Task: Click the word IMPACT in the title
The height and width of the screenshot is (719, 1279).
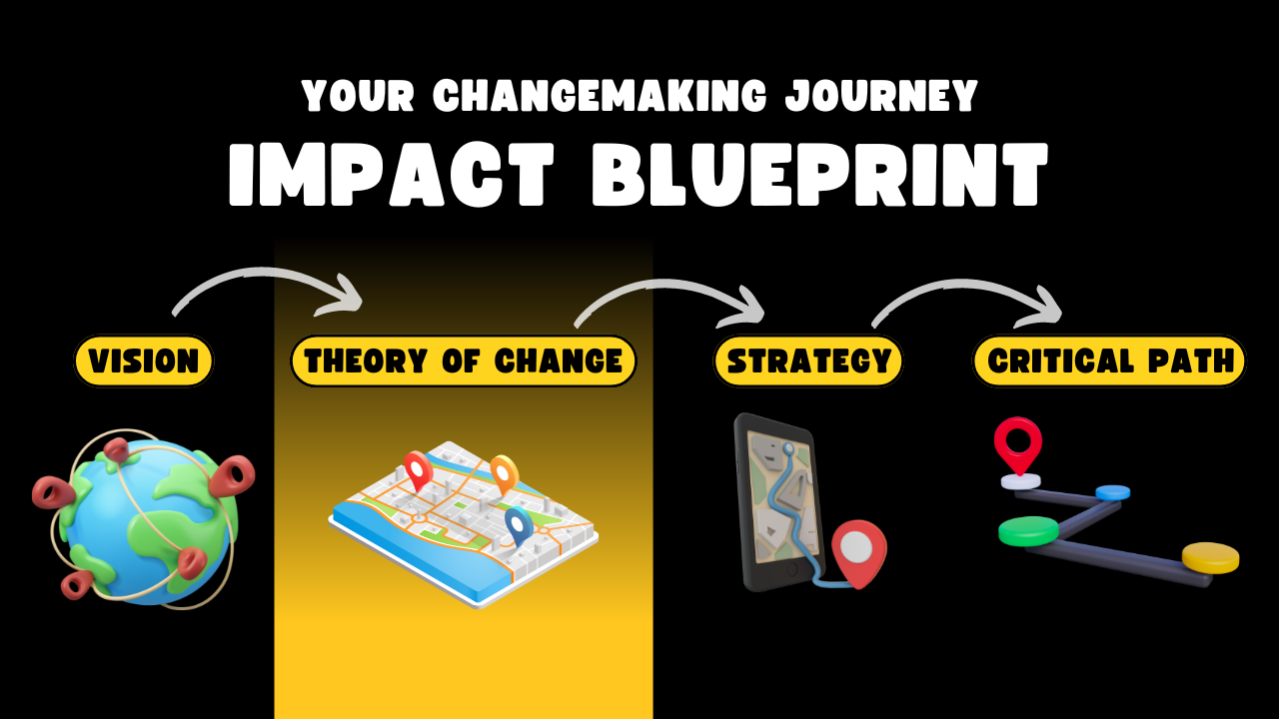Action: click(x=392, y=174)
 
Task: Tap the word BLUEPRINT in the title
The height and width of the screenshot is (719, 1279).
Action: click(x=819, y=174)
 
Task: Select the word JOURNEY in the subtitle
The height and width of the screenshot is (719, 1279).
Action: click(x=881, y=95)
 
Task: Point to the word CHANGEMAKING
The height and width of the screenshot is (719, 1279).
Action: click(x=600, y=95)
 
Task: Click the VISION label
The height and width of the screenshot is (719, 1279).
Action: click(x=143, y=360)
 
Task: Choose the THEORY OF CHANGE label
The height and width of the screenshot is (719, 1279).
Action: click(x=464, y=360)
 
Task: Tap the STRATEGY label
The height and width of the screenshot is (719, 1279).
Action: click(x=808, y=360)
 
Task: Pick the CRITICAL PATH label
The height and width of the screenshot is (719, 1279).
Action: click(x=1109, y=360)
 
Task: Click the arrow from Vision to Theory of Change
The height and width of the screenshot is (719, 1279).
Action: click(x=257, y=273)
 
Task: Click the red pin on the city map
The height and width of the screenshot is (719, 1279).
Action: click(x=418, y=470)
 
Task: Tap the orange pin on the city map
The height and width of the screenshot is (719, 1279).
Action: click(x=505, y=474)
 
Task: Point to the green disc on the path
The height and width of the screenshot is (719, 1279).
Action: click(x=1029, y=530)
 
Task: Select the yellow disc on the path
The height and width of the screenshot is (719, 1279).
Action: click(x=1210, y=557)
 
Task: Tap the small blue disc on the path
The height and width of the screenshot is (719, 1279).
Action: click(x=1112, y=492)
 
